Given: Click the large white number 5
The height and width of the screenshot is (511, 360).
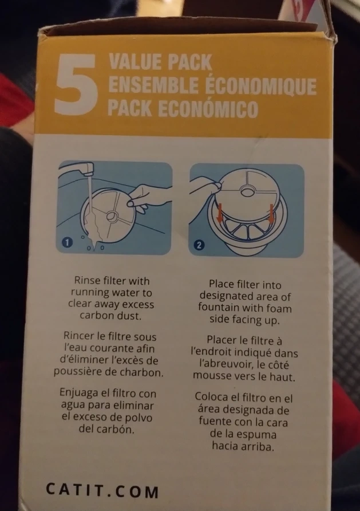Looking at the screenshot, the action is coord(76,84).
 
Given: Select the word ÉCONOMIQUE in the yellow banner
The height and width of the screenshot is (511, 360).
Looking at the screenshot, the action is coord(261,85).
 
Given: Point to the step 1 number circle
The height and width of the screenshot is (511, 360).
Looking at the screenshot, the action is coord(67,242).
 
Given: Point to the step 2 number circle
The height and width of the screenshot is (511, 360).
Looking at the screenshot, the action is coord(199,245).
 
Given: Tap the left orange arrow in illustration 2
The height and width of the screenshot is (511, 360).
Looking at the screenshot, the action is coord(220,213).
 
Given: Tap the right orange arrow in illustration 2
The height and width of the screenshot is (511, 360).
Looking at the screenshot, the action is coord(271,215).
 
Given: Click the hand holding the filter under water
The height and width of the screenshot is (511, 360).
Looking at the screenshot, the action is coord(147,197).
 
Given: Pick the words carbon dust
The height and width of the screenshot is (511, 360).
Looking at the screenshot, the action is coord(110,316).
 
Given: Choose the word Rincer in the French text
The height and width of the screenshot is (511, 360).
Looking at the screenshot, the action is coord(77,336).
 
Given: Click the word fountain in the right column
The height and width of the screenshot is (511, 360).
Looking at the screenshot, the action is coord(219,308).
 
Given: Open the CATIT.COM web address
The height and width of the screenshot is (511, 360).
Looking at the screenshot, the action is coord(102,490).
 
